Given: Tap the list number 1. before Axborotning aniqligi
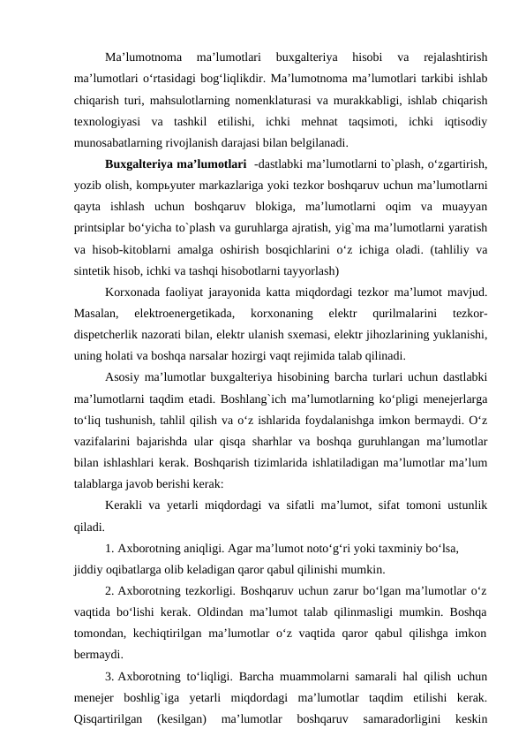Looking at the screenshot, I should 109,547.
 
